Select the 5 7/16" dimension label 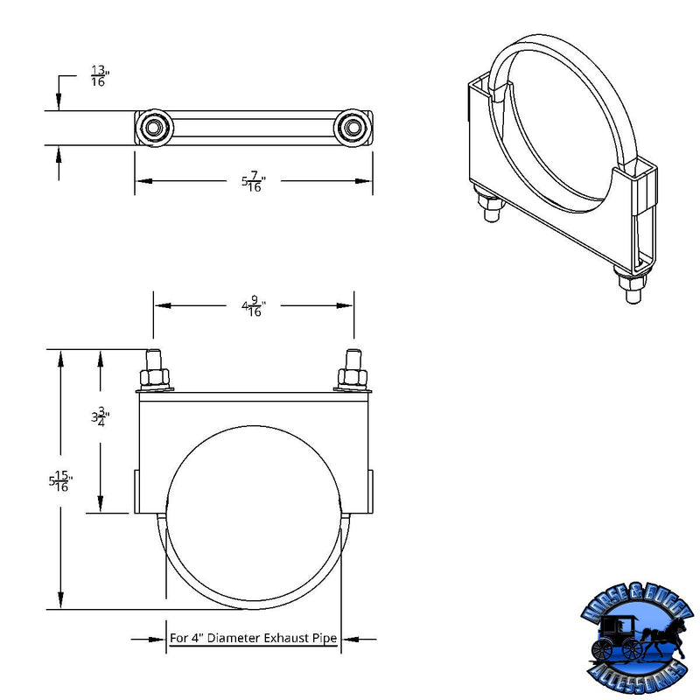coord(253,182)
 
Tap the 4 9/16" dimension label coord(253,307)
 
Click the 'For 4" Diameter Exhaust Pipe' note coord(253,639)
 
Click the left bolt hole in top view coord(154,129)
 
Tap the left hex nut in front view coord(154,378)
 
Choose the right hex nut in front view coord(353,378)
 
